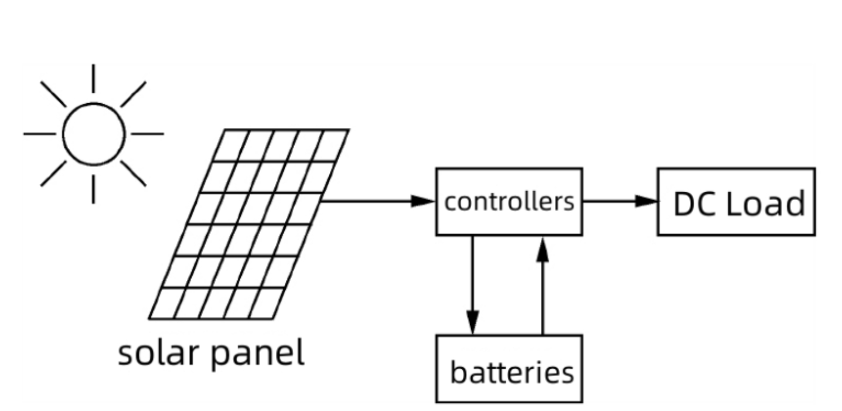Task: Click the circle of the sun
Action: coord(94,134)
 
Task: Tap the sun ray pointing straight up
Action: coord(93,79)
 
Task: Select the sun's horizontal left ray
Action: coord(39,134)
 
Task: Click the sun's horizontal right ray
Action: coord(146,134)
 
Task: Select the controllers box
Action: coord(509,202)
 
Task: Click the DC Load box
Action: coord(735,202)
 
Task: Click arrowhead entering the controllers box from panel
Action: coord(423,202)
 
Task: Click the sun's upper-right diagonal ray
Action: coord(133,94)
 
